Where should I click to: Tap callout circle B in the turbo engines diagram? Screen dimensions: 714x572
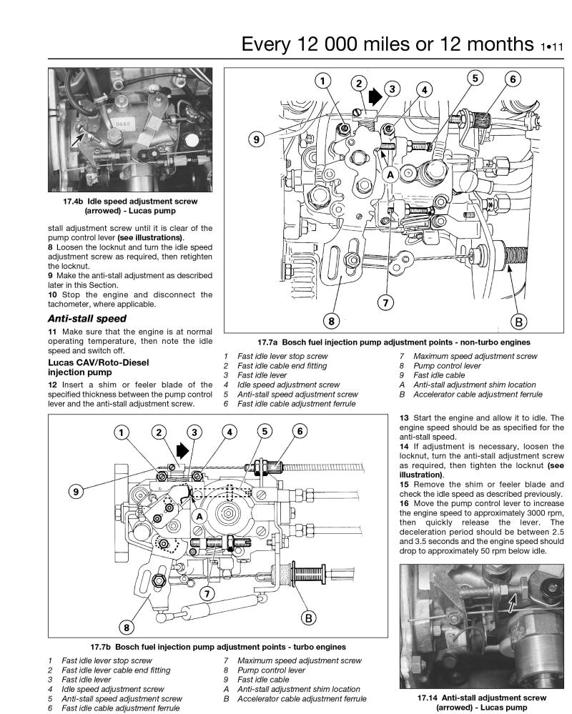click(308, 617)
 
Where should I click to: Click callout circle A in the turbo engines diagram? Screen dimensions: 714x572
click(199, 515)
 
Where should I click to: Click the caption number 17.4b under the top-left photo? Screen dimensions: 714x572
click(74, 201)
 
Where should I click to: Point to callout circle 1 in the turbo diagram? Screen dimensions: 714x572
click(123, 432)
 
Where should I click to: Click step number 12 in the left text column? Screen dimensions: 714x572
click(54, 387)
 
